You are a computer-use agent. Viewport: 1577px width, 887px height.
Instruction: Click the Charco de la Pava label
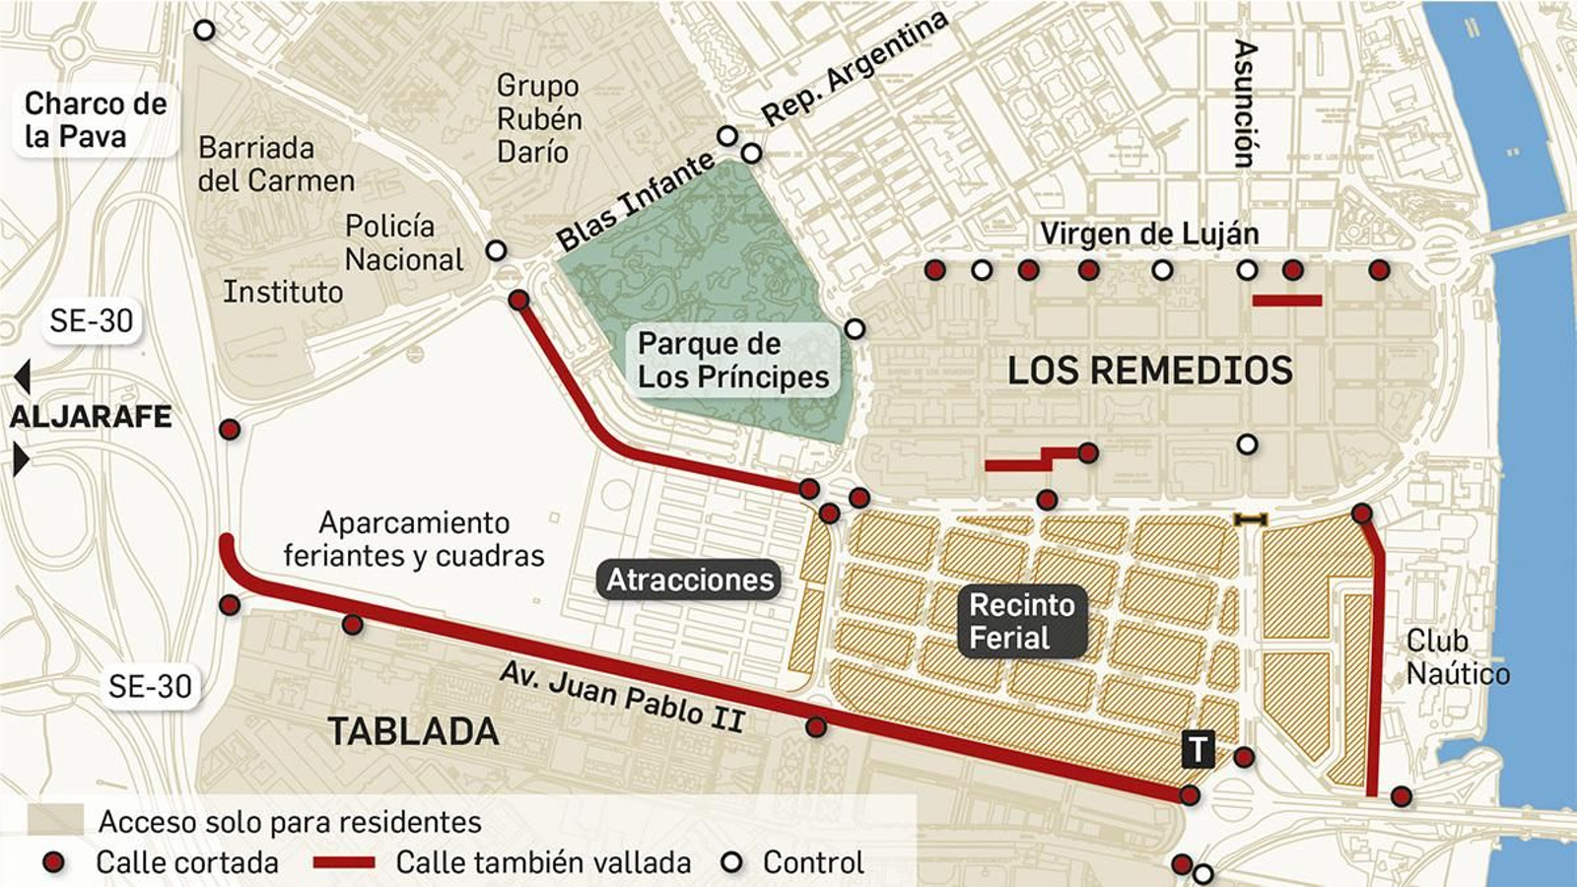[95, 119]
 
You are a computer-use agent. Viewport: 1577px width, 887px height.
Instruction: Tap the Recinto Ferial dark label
[1021, 621]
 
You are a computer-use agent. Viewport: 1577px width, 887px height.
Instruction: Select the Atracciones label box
[689, 580]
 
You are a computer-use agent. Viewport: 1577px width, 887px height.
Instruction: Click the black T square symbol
[1198, 750]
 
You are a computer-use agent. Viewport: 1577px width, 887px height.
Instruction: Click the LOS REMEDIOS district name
[1149, 371]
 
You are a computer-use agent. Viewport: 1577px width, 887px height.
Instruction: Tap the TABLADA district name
[413, 731]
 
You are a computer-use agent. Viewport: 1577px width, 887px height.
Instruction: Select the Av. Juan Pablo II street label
[622, 696]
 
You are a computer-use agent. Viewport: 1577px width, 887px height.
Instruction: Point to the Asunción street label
[1246, 103]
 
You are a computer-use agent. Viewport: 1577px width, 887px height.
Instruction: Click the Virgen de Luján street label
[1149, 234]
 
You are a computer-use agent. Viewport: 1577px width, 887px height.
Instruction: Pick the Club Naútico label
[1457, 657]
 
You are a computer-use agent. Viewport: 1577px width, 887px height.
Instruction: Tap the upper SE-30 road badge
[91, 320]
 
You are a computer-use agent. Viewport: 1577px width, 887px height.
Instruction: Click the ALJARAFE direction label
[91, 417]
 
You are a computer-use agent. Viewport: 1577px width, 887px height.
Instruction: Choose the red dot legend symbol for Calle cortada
[54, 863]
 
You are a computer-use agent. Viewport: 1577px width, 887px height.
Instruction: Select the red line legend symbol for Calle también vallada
[343, 863]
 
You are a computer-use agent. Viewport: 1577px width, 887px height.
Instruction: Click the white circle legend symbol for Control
[731, 863]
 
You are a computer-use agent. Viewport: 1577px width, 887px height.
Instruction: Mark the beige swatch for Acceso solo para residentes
[55, 820]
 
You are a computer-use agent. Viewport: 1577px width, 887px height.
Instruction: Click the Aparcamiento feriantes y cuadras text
[413, 539]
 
